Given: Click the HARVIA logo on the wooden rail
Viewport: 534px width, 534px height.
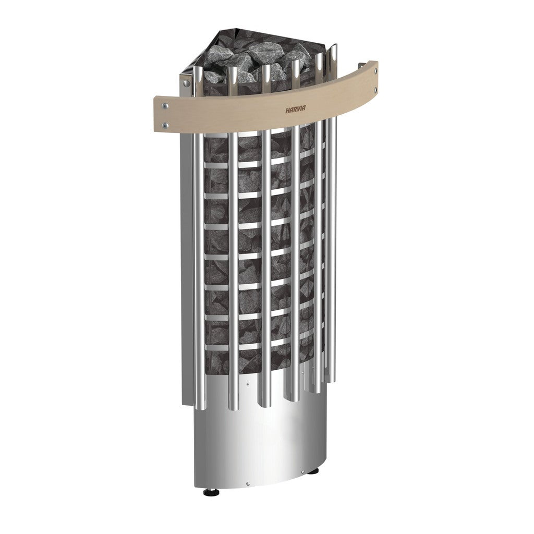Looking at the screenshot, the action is (295, 109).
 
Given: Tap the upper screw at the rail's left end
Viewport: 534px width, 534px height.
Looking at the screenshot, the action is (165, 105).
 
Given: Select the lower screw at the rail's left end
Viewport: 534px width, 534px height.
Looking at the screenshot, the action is (165, 126).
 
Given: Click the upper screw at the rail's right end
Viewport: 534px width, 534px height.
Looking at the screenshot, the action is (375, 71).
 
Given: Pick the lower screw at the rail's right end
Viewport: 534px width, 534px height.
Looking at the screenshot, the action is (375, 90).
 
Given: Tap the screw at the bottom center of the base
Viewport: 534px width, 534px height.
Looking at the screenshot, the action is (248, 483).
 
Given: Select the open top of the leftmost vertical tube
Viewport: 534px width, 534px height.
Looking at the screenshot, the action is (198, 70).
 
